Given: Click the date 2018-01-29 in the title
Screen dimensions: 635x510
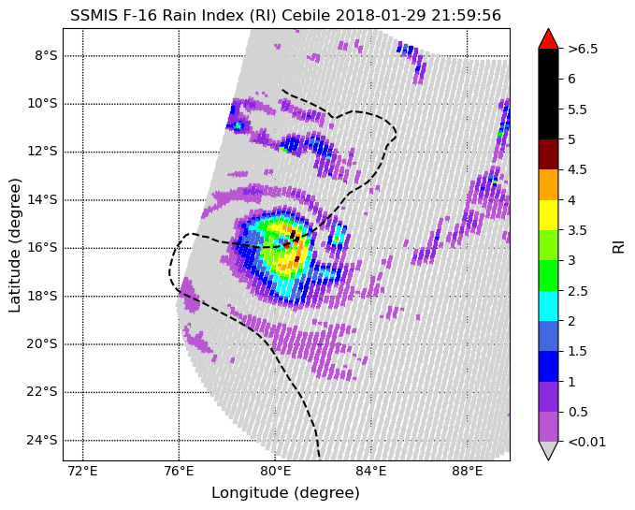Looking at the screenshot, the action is point(381,15).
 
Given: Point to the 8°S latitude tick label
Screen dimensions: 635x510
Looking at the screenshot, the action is point(46,55).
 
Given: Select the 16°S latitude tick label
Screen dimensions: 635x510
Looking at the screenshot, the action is point(42,247).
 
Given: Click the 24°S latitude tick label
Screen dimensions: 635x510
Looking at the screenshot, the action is point(42,440).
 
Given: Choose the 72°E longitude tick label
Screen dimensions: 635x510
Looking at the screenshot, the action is point(83,472).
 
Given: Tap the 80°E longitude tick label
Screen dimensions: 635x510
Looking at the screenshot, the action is point(275,472).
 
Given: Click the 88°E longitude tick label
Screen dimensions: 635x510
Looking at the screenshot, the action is point(468,472).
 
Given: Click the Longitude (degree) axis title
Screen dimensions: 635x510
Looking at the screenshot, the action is point(285,493).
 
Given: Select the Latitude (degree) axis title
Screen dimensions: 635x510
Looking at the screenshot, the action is point(15,245).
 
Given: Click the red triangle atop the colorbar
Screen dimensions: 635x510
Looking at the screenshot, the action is point(548,39).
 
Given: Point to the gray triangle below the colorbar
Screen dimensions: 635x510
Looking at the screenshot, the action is point(548,449).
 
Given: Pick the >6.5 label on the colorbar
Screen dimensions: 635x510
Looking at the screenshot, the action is point(583,49).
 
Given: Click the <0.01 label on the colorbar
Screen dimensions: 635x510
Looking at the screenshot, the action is point(586,442).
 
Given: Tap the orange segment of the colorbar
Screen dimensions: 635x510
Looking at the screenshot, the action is point(548,184).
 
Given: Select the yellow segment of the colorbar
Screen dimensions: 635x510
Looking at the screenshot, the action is point(548,215).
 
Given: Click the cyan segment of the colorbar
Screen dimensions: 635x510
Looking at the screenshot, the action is point(548,306).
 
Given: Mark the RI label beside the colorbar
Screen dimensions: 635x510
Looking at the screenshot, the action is point(618,245).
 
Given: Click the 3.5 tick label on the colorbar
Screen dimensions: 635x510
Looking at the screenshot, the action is point(577,230).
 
